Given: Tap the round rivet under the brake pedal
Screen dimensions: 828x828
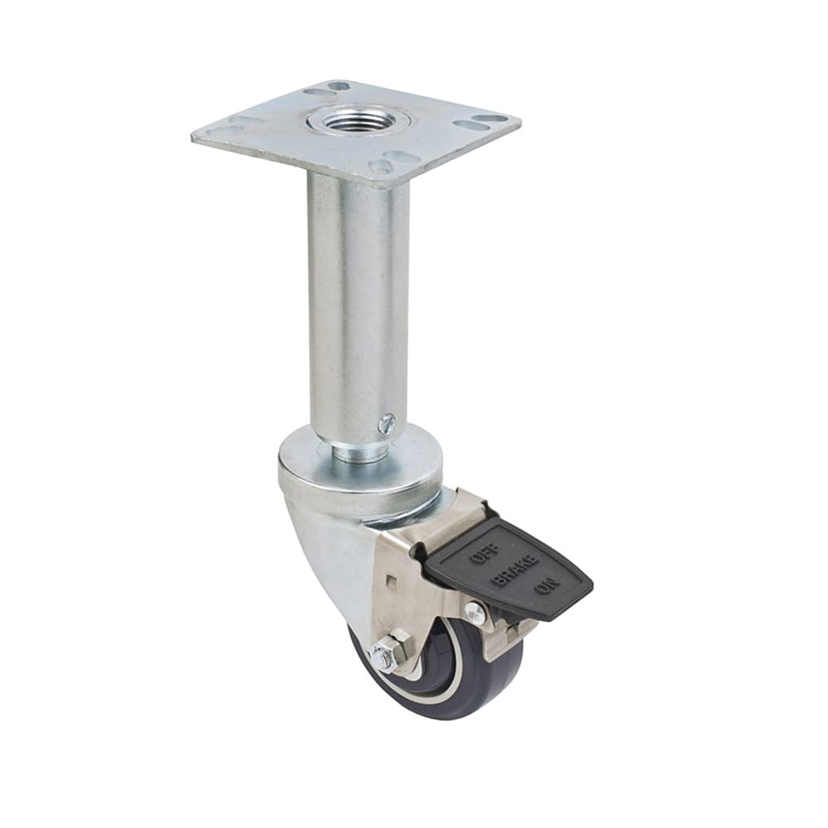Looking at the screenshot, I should pos(474,614).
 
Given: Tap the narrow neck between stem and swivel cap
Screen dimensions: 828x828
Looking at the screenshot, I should pos(358,452).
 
